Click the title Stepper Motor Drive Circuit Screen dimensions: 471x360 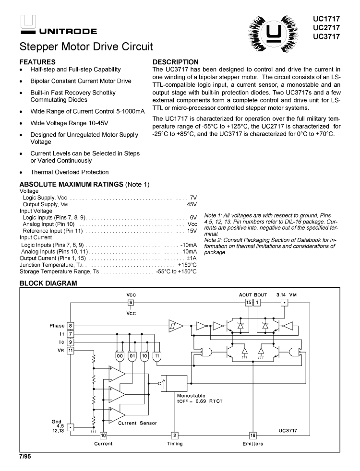coord(86,47)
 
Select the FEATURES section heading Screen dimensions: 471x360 coord(37,62)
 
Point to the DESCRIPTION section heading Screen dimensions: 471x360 coord(175,62)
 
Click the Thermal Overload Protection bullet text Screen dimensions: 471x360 coord(70,172)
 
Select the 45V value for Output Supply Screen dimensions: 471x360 coord(192,204)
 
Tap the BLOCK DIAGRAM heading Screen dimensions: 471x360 coord(48,283)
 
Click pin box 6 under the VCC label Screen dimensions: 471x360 coord(131,303)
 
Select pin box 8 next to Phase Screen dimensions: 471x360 coord(70,326)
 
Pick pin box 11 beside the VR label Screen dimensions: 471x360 coord(70,350)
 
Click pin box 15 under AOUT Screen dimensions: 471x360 coord(248,303)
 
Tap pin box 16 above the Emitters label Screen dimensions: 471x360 coord(253,435)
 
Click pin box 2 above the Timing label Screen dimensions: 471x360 coord(175,435)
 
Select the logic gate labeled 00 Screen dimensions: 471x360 coord(119,356)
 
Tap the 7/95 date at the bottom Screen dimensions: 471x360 coord(25,458)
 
